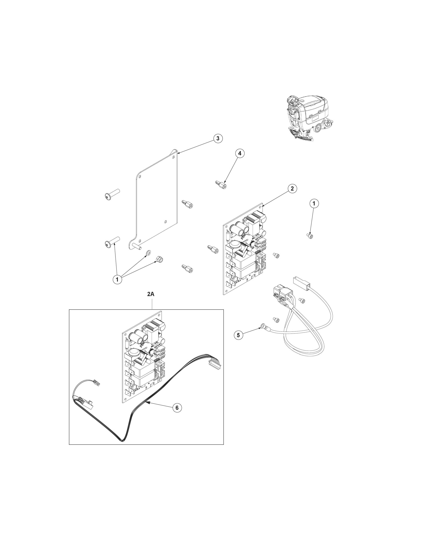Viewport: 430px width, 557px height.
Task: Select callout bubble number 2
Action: [x=292, y=189]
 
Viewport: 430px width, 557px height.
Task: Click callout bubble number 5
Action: [x=238, y=335]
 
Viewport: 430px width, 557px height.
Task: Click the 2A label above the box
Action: [x=151, y=294]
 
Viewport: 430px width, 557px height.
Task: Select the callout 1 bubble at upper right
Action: [x=314, y=204]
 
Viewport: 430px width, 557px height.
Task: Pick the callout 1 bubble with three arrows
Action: [x=117, y=279]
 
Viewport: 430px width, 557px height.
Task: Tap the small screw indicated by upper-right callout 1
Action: [x=310, y=236]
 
